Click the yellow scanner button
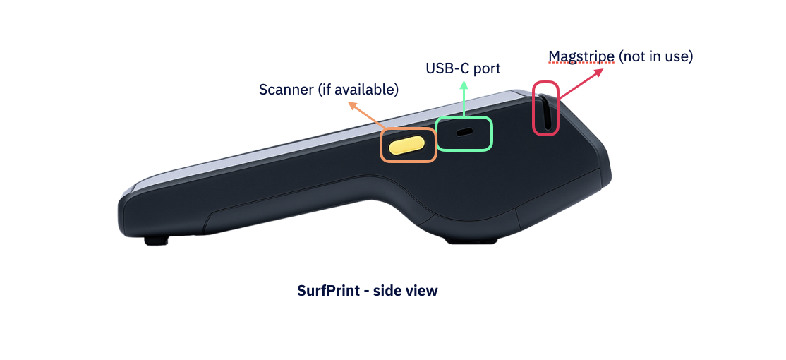(x=407, y=145)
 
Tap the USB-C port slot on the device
(x=465, y=133)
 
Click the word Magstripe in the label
(x=581, y=56)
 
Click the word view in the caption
(x=423, y=290)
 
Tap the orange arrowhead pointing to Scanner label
(x=352, y=105)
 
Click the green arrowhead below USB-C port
(x=464, y=86)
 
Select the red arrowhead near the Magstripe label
(x=598, y=72)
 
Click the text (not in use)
(x=655, y=56)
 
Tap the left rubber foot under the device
(x=156, y=241)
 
